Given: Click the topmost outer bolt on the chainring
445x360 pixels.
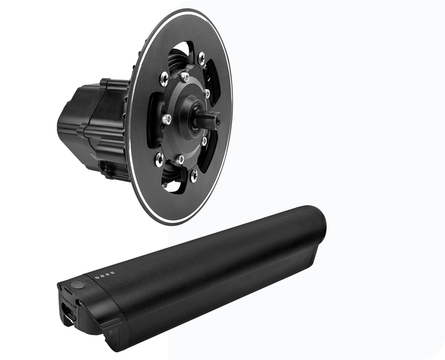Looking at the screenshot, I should pyautogui.click(x=201, y=57).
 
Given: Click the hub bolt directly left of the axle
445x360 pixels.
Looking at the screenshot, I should pyautogui.click(x=167, y=119).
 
